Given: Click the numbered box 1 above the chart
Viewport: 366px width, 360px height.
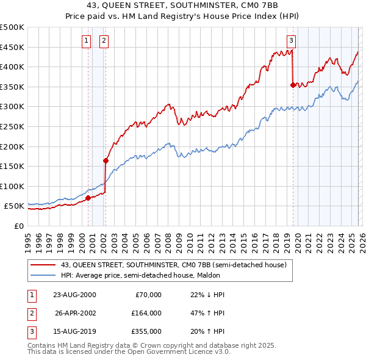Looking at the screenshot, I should pyautogui.click(x=86, y=41).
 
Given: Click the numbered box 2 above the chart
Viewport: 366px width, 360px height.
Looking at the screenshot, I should pyautogui.click(x=104, y=41).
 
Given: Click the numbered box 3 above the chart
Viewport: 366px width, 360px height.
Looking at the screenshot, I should pyautogui.click(x=291, y=41).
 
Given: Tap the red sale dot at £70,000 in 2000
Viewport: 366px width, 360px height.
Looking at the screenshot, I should pyautogui.click(x=88, y=198).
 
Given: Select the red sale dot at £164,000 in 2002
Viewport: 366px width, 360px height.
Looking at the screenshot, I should pyautogui.click(x=106, y=161).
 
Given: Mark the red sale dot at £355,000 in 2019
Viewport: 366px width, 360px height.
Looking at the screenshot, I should pyautogui.click(x=293, y=85).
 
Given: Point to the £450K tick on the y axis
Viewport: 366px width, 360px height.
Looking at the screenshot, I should pyautogui.click(x=12, y=47).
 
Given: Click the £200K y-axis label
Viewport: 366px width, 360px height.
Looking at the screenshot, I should pyautogui.click(x=12, y=146).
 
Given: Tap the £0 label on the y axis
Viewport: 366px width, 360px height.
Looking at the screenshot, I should pyautogui.click(x=18, y=226).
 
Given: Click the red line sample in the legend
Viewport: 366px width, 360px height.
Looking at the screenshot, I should pyautogui.click(x=43, y=265).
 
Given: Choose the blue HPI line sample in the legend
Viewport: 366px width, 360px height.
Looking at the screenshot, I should pyautogui.click(x=43, y=275).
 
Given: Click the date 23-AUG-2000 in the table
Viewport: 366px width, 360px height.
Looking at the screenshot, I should pyautogui.click(x=74, y=295).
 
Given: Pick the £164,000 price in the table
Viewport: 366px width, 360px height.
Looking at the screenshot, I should pyautogui.click(x=146, y=313).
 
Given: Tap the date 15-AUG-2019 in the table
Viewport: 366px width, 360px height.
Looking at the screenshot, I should pyautogui.click(x=74, y=331).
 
